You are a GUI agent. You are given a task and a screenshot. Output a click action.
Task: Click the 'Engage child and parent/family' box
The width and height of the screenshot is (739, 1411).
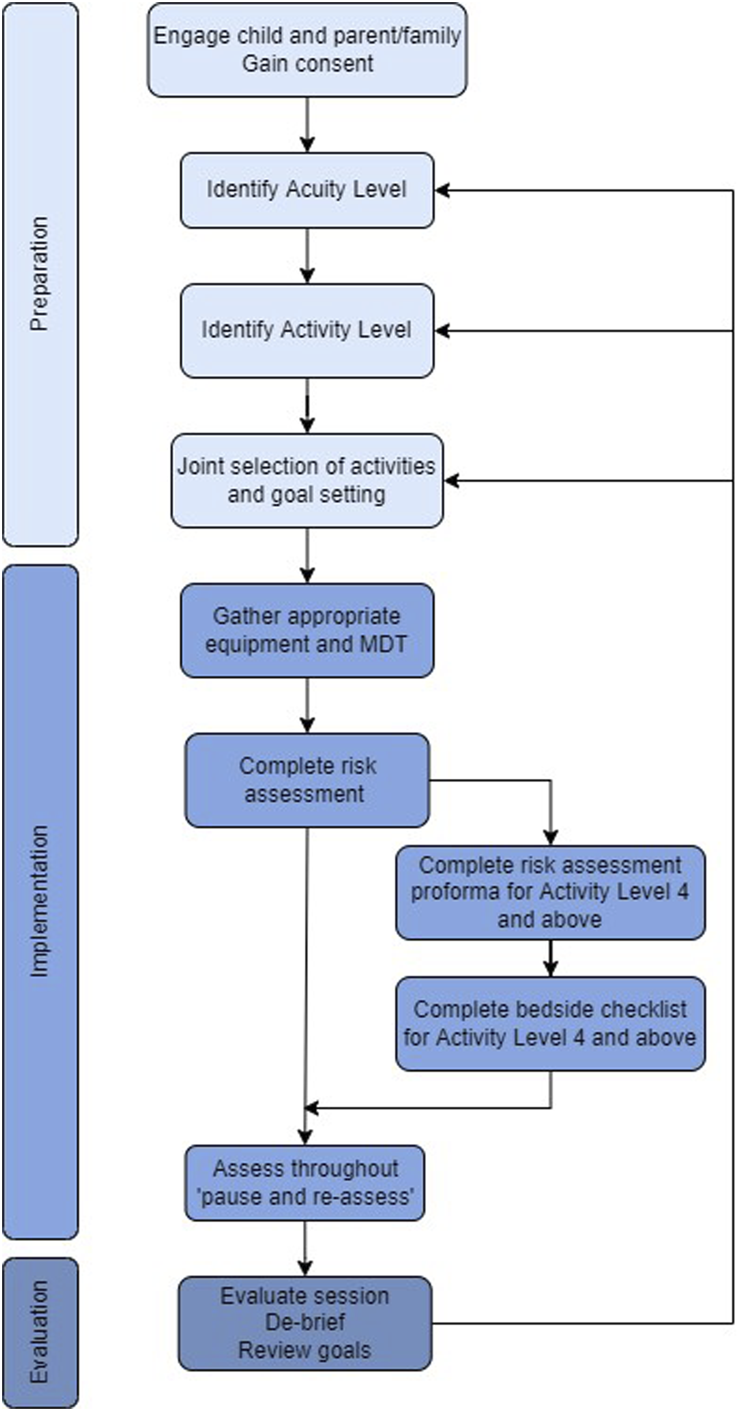click(x=307, y=50)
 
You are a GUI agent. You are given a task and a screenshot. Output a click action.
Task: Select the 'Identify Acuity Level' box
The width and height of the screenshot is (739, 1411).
click(x=307, y=190)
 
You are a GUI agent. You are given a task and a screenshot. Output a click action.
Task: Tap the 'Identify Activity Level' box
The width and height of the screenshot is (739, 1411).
click(x=307, y=330)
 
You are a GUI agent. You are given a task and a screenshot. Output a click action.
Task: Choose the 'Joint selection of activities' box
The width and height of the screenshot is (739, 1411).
click(x=307, y=480)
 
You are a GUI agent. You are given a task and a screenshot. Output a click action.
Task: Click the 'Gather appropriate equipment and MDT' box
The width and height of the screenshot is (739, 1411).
click(x=307, y=630)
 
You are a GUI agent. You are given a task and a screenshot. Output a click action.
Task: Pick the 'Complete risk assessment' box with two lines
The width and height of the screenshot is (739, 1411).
click(x=307, y=780)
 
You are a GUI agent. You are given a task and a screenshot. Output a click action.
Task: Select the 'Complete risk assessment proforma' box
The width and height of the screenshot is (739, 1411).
click(x=550, y=892)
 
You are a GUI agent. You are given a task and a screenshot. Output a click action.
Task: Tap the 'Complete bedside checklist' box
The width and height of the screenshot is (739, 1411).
click(x=550, y=1024)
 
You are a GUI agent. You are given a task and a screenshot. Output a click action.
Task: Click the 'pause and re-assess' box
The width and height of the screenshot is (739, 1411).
click(x=305, y=1183)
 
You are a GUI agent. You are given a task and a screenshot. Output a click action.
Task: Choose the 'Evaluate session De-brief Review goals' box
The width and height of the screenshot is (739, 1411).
click(x=305, y=1323)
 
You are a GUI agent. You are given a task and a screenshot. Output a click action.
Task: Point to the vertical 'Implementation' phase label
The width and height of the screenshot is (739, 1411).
click(x=39, y=901)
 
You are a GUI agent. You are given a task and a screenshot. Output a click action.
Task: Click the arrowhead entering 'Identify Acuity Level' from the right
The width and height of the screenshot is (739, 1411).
click(x=442, y=190)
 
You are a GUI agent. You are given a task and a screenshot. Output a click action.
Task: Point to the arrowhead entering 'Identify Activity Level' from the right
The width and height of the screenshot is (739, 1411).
click(x=442, y=330)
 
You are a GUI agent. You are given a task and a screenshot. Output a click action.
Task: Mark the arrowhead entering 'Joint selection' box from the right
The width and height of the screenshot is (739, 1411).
click(x=451, y=480)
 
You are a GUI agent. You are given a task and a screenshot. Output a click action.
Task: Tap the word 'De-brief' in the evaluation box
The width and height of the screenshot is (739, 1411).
click(x=305, y=1323)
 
